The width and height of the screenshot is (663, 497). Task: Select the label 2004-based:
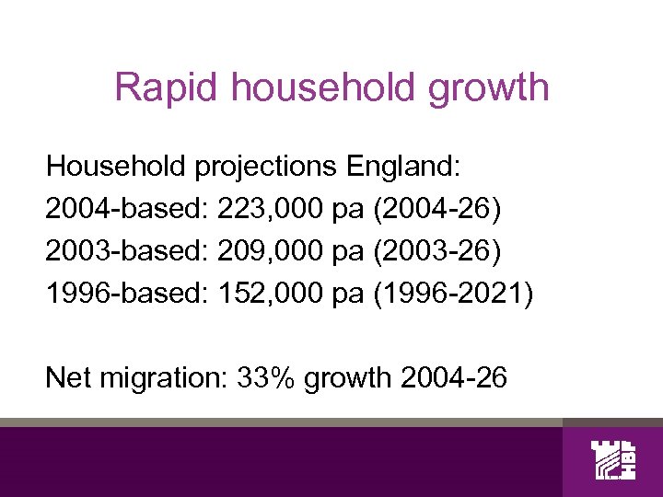(127, 211)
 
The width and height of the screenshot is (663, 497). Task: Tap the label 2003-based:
(127, 253)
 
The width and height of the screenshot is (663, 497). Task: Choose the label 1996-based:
(127, 295)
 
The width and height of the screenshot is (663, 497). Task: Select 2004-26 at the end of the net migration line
(455, 376)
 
